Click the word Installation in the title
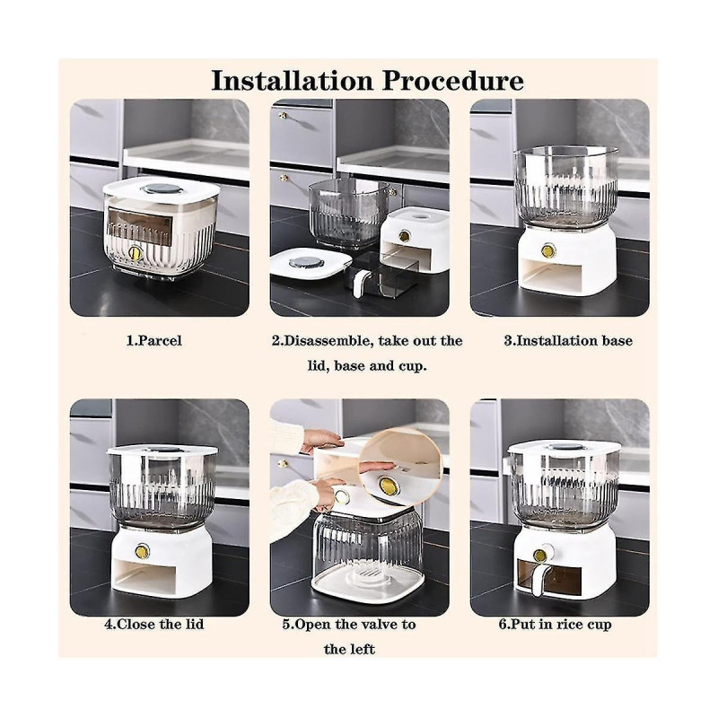pos(288,81)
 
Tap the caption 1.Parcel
pos(153,341)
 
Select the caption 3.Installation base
pos(567,341)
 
